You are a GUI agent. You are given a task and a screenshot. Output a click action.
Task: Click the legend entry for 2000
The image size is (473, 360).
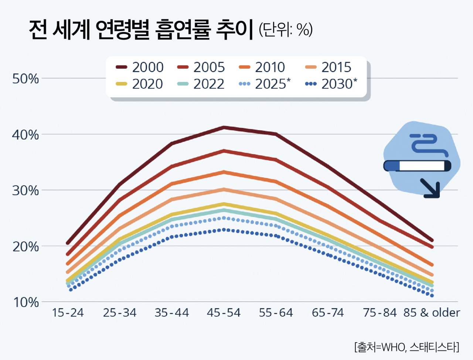pyautogui.click(x=140, y=67)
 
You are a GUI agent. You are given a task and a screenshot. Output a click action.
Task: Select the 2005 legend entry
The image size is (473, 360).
pyautogui.click(x=201, y=67)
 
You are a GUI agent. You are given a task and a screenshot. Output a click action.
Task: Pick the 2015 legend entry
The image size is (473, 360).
pyautogui.click(x=328, y=67)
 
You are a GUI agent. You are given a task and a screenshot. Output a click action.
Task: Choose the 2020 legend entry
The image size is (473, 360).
pyautogui.click(x=140, y=84)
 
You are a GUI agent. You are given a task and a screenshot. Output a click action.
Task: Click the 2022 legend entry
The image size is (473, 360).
pyautogui.click(x=201, y=84)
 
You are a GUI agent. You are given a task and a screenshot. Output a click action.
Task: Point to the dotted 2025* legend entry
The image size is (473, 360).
pyautogui.click(x=265, y=84)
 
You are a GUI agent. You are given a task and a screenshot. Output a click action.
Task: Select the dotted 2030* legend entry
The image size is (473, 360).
pyautogui.click(x=331, y=84)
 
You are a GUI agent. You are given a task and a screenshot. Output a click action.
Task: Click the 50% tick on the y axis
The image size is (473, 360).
pyautogui.click(x=25, y=79)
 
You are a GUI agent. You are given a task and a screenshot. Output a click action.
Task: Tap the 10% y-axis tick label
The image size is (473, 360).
pyautogui.click(x=25, y=302)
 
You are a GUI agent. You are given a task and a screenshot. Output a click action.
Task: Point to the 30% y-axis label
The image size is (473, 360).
pyautogui.click(x=25, y=191)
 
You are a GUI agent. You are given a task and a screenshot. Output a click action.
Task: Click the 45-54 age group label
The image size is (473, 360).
pyautogui.click(x=224, y=313)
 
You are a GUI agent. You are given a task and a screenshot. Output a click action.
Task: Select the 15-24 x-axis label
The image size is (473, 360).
pyautogui.click(x=68, y=313)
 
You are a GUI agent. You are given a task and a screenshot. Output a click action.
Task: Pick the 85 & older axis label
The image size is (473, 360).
pyautogui.click(x=431, y=313)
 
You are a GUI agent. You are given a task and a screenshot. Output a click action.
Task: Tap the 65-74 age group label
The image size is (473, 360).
pyautogui.click(x=328, y=313)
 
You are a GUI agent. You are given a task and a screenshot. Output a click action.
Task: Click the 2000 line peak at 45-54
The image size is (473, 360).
pyautogui.click(x=224, y=128)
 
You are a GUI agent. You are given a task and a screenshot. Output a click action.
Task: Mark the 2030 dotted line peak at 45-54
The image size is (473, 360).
pyautogui.click(x=224, y=230)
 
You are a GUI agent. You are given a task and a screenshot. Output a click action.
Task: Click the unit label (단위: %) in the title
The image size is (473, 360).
pyautogui.click(x=286, y=30)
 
